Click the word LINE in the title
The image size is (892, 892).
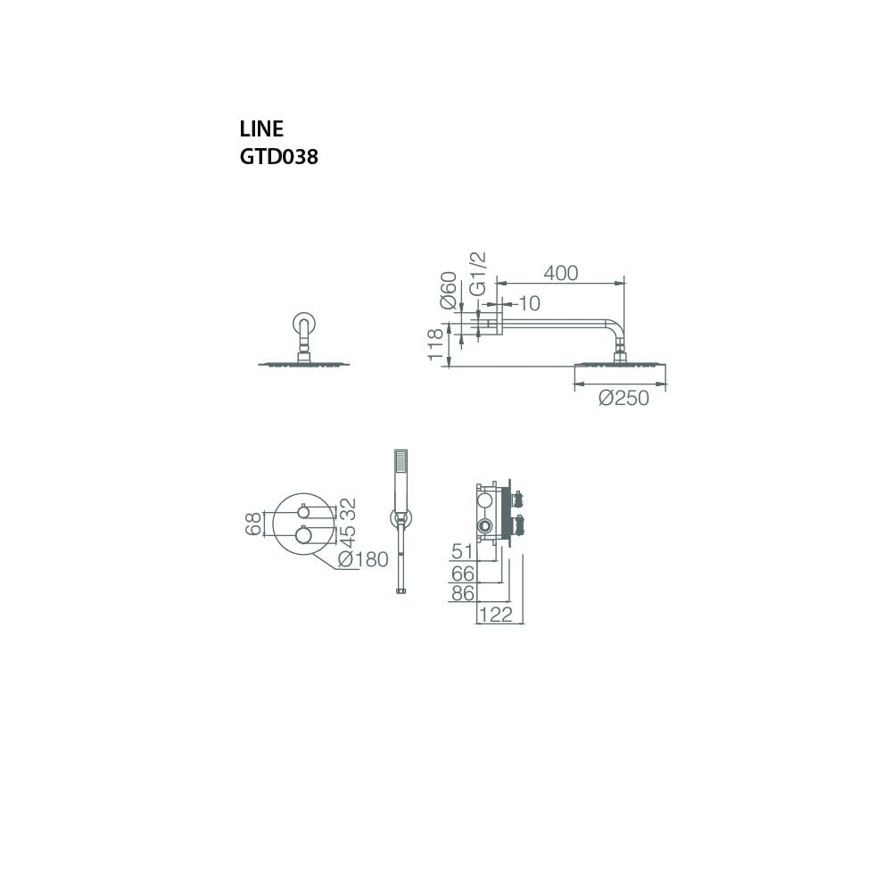[261, 129]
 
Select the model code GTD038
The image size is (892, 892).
[278, 157]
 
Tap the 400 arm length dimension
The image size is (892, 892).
[561, 273]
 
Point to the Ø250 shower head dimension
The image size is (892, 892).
[624, 398]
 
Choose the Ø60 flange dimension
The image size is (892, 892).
[449, 291]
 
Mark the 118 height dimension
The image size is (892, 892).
[435, 344]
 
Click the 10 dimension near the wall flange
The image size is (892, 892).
[530, 304]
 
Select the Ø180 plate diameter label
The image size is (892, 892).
[363, 559]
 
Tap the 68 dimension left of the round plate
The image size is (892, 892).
[253, 524]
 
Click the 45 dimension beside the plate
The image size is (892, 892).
[347, 535]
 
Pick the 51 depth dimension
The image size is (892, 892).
[462, 550]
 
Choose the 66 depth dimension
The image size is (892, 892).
[462, 574]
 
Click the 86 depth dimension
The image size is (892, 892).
[462, 593]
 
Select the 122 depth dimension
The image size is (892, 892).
[496, 615]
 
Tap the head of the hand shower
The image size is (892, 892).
[401, 467]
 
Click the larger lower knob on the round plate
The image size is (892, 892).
[304, 534]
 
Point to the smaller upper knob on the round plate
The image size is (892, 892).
[304, 511]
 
